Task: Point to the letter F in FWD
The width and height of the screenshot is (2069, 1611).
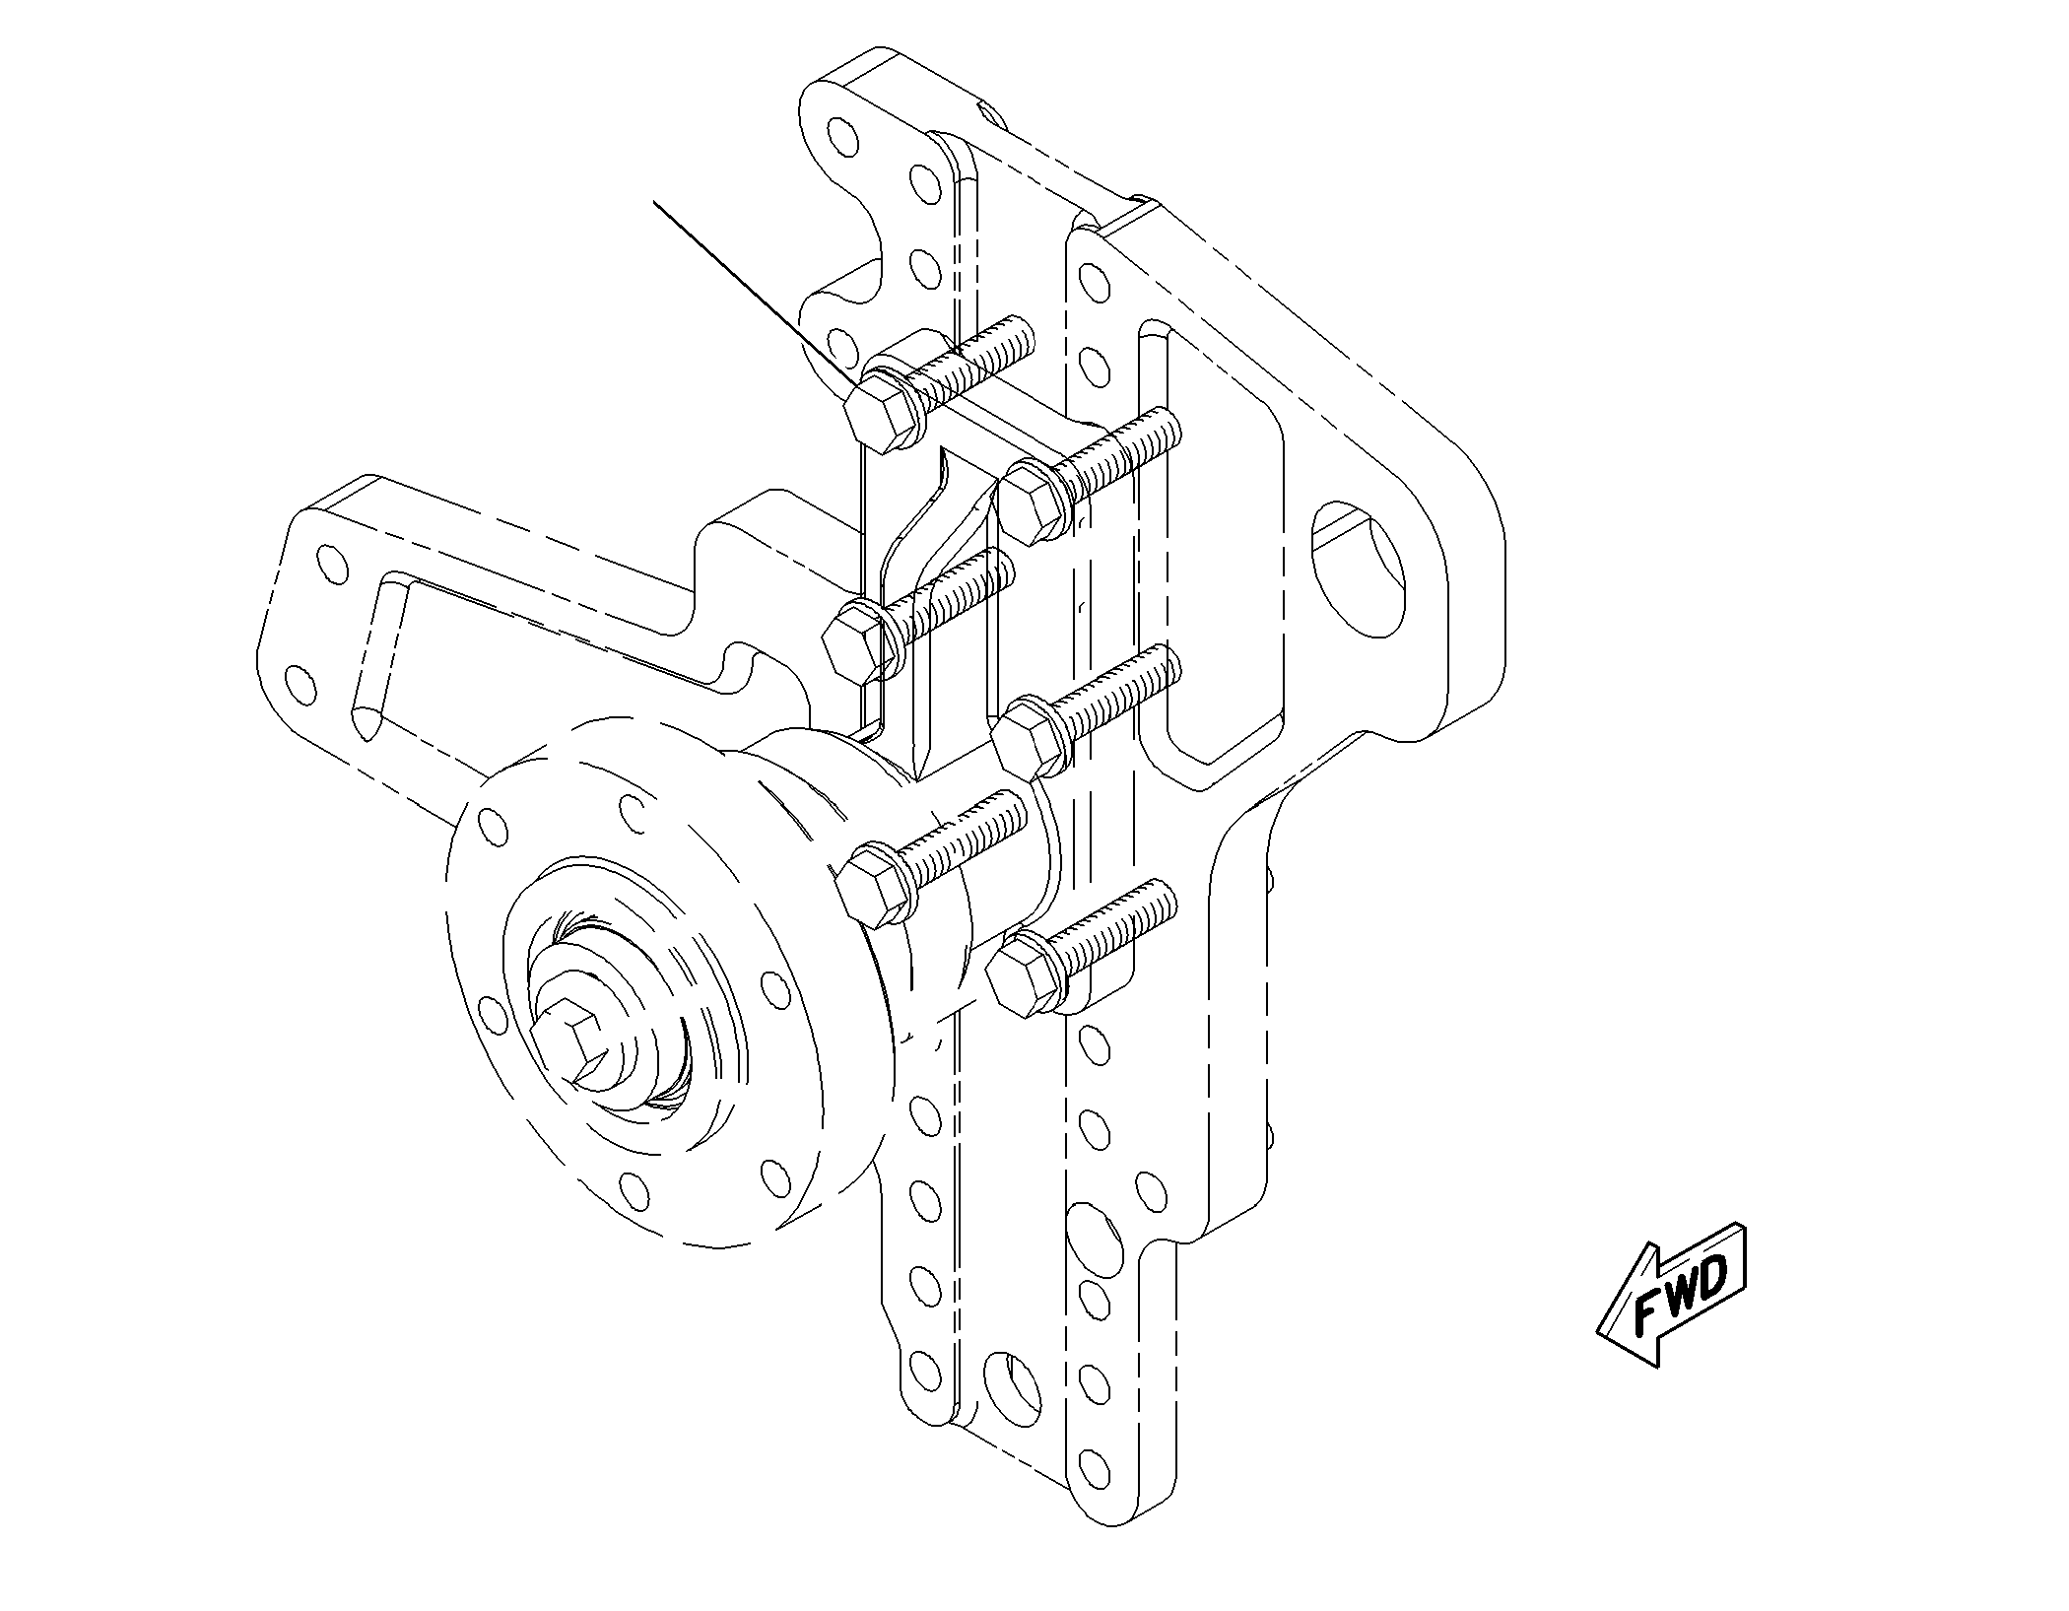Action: (1647, 1313)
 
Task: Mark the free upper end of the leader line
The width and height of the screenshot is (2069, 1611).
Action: (655, 202)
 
